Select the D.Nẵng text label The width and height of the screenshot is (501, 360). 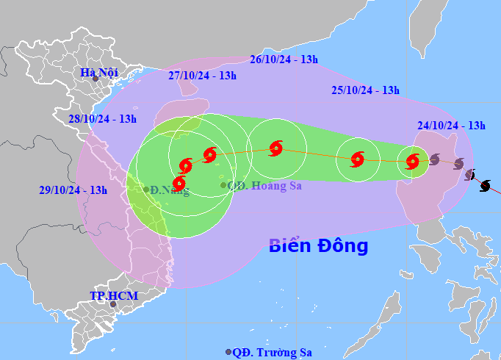tap(170, 192)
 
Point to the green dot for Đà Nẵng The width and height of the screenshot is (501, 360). tap(146, 190)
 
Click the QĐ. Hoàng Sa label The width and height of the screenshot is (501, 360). tap(264, 186)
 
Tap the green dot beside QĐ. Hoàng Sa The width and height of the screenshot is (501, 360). tap(224, 185)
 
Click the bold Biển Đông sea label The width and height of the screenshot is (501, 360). tap(318, 245)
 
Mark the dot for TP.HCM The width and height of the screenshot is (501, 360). tap(113, 304)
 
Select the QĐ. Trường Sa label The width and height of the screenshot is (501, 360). tap(272, 353)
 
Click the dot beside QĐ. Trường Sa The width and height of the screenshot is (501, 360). tap(228, 353)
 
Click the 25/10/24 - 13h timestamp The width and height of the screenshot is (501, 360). tap(364, 90)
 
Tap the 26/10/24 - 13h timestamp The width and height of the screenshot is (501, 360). tap(284, 60)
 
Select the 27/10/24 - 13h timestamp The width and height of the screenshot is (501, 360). tap(202, 75)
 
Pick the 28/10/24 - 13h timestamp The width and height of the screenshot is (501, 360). tap(102, 118)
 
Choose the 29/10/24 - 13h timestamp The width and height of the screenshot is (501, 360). tap(73, 190)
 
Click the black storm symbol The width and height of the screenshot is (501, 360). tap(485, 186)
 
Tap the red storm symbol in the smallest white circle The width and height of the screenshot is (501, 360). tap(413, 160)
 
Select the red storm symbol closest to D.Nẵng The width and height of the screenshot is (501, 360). tap(179, 183)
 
